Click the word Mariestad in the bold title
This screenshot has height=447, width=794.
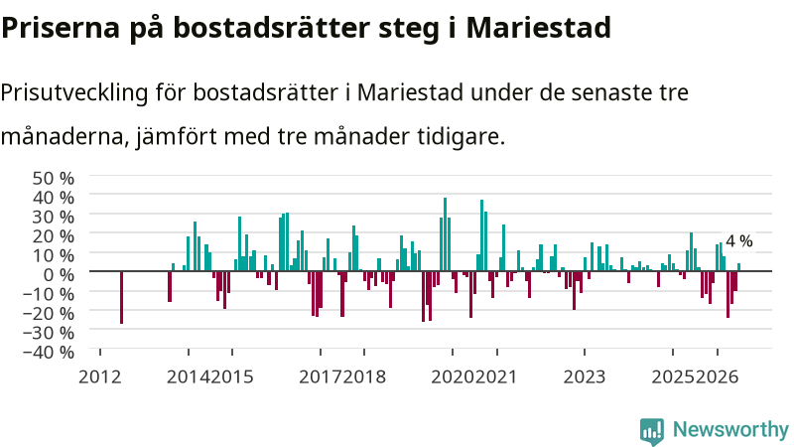[x=538, y=28]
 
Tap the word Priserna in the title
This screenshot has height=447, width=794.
[x=60, y=28]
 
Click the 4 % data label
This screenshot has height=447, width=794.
[x=738, y=241]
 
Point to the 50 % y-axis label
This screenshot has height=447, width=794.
[x=54, y=179]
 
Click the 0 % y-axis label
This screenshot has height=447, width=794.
[x=59, y=275]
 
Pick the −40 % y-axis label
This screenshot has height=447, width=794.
[x=49, y=352]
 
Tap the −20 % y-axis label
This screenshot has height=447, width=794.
[x=49, y=313]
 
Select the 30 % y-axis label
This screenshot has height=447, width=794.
[x=54, y=217]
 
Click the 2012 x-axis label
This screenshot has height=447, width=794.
[x=100, y=377]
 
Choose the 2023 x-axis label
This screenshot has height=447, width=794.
[x=585, y=377]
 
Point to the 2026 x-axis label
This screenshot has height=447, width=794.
[x=717, y=377]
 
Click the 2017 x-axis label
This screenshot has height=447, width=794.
[x=320, y=377]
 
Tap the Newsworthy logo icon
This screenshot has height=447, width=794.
[x=652, y=431]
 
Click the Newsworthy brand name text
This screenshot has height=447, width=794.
[x=730, y=430]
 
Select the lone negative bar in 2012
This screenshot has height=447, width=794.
[x=121, y=297]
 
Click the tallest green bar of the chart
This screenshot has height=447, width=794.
[x=445, y=234]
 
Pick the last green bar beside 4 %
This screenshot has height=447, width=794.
[x=738, y=267]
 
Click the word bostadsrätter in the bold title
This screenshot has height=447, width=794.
[x=272, y=28]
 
